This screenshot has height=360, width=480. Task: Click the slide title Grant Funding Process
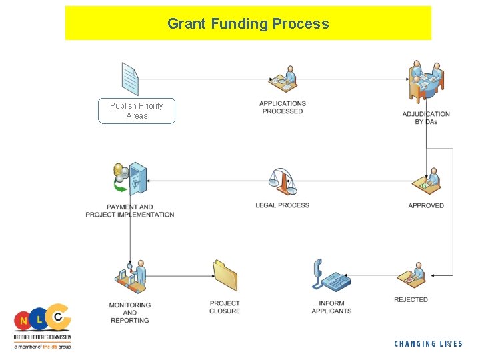click(x=248, y=24)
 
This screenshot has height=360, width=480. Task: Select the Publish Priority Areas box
click(x=137, y=111)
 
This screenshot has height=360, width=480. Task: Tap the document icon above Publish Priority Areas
click(x=130, y=79)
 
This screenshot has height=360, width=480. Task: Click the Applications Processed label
click(x=283, y=107)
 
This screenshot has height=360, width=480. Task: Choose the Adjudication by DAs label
click(x=426, y=118)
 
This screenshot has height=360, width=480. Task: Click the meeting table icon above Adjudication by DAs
click(x=426, y=81)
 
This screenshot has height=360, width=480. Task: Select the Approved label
click(x=426, y=205)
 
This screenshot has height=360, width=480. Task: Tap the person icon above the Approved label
click(x=427, y=181)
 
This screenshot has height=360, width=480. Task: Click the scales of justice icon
click(x=282, y=181)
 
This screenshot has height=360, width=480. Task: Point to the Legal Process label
click(x=283, y=205)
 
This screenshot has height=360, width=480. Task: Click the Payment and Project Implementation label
click(x=130, y=211)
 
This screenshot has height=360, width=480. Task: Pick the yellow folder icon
click(x=225, y=276)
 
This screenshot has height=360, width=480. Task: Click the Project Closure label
click(x=225, y=307)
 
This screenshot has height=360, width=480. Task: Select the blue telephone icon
click(x=331, y=275)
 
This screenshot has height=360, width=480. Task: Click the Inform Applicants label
click(x=331, y=307)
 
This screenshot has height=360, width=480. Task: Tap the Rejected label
click(x=411, y=300)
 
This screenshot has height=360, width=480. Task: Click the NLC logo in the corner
click(x=42, y=327)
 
